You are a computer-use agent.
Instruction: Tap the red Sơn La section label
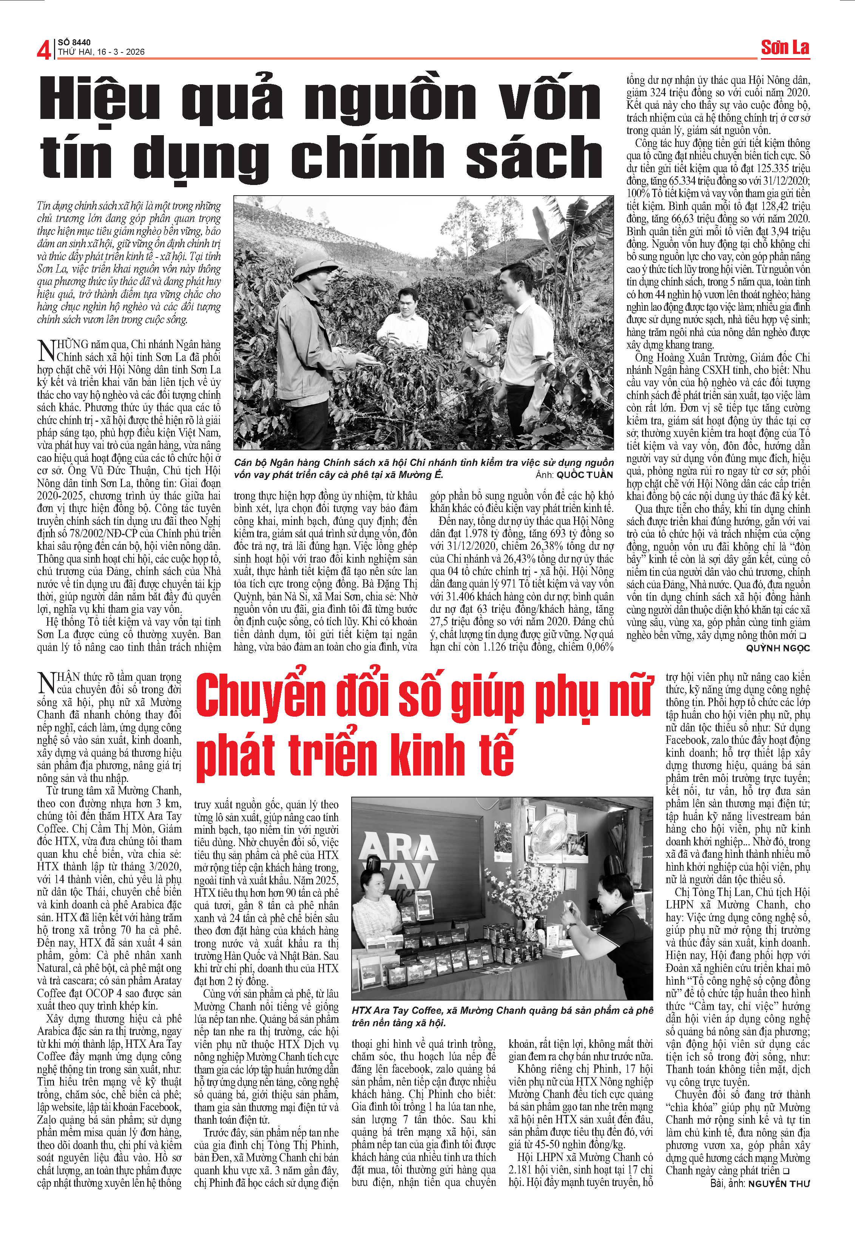tap(785, 48)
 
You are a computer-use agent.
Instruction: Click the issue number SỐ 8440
tap(74, 42)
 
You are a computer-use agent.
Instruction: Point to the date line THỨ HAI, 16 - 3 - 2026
tap(101, 52)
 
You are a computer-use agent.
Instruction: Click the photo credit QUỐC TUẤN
tap(585, 475)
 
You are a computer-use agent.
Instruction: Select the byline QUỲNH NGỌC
tap(777, 648)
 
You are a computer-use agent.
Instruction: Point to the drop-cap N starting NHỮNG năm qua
tap(46, 350)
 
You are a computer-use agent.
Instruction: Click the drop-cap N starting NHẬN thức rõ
tap(46, 683)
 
